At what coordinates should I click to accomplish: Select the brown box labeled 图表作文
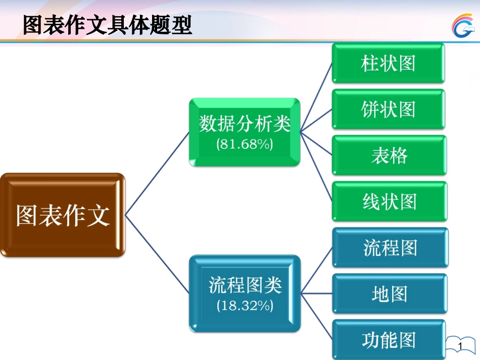63,215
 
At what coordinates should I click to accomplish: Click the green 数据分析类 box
245,124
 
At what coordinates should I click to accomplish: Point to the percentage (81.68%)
245,144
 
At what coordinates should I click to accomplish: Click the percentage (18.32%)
245,305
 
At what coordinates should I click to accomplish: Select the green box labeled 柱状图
389,63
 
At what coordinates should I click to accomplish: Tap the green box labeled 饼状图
389,109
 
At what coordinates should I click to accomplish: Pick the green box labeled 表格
389,156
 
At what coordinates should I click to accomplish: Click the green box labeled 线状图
389,201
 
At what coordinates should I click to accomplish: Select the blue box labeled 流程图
390,247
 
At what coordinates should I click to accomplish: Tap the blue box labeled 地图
390,294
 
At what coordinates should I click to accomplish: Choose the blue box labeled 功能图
390,340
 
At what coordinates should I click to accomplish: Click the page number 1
460,345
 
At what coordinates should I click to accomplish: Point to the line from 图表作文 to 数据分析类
157,174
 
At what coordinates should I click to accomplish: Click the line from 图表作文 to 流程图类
157,254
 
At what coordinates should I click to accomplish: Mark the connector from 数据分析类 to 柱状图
316,97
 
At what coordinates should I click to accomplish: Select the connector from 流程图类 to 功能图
317,316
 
